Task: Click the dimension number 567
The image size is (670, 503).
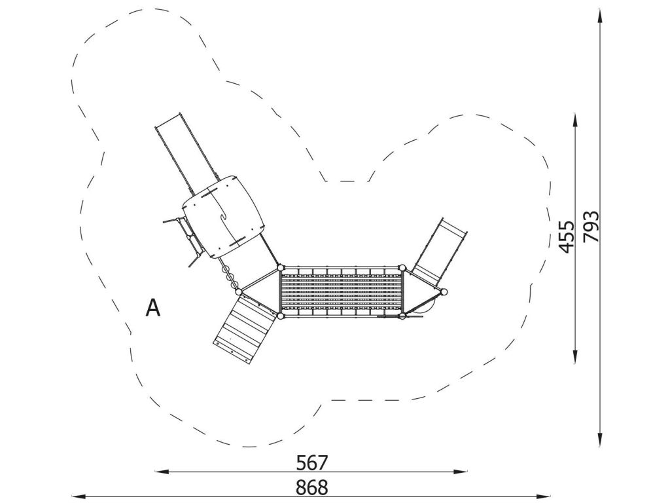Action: pos(311,462)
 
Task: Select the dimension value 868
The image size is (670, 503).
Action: pos(311,487)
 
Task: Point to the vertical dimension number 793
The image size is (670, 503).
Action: pos(591,226)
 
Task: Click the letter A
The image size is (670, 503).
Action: pos(152,308)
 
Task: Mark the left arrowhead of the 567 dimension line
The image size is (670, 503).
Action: pos(161,472)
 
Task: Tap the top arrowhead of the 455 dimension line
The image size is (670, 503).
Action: pos(575,121)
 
